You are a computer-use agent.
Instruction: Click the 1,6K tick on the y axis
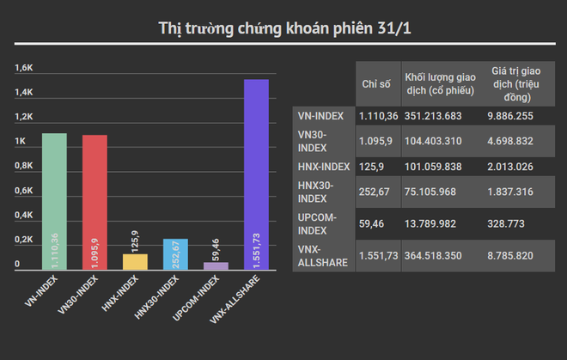coord(24,68)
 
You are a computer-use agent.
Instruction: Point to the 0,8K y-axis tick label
coord(24,166)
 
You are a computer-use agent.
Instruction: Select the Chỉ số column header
coord(376,83)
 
